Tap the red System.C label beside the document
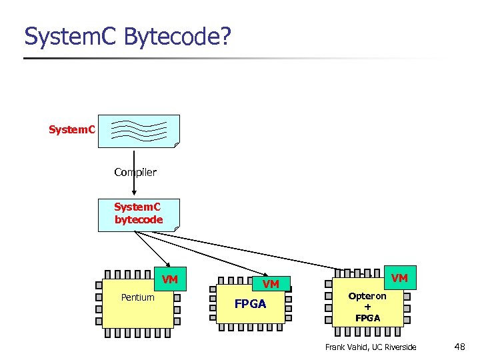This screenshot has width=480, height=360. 72,129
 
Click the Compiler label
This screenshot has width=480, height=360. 135,172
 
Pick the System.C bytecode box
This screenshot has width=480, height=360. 139,215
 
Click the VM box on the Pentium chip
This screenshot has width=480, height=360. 170,279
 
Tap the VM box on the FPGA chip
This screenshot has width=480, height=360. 271,284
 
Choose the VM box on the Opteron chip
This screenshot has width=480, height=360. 399,277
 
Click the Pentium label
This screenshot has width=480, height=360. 137,297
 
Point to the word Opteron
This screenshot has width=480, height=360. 367,296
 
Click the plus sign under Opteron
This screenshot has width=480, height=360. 367,307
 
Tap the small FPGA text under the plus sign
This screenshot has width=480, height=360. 367,318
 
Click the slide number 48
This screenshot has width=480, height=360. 459,347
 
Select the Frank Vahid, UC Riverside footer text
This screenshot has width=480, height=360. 371,347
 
